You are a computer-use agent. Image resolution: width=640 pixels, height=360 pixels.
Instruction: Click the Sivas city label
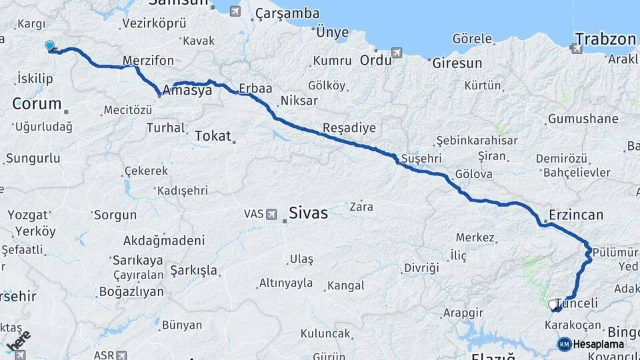[x=308, y=213]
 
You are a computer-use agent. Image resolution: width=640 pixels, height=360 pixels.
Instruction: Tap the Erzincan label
[x=576, y=215]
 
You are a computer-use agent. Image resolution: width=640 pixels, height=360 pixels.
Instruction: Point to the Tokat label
[x=212, y=136]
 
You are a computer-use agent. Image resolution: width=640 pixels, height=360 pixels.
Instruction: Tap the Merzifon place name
[x=148, y=61]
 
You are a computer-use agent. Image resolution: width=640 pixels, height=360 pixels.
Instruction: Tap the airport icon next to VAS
[x=271, y=214]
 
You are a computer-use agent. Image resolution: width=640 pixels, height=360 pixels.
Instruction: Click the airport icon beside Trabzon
[x=576, y=47]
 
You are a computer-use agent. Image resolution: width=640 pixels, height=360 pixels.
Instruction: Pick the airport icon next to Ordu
[x=397, y=53]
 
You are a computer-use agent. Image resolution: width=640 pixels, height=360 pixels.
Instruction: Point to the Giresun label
[x=457, y=64]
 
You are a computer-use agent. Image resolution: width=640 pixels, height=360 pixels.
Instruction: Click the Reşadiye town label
[x=349, y=127]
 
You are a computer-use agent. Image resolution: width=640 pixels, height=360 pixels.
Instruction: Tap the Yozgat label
[x=28, y=215]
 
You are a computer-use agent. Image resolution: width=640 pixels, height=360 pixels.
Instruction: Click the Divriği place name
[x=421, y=267]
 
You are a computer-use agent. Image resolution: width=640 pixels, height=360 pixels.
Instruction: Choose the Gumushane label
[x=583, y=119]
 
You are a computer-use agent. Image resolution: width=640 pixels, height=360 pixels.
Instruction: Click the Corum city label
[x=37, y=104]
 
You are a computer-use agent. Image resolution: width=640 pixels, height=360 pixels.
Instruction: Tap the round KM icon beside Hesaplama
[x=564, y=344]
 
